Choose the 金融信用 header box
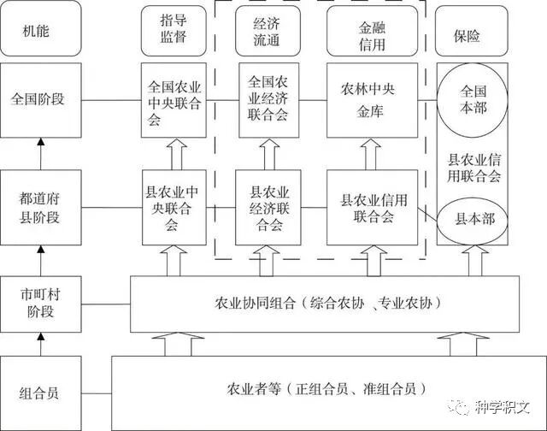(372, 30)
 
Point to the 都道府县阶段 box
(41, 208)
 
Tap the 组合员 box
(41, 393)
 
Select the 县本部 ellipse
(473, 220)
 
